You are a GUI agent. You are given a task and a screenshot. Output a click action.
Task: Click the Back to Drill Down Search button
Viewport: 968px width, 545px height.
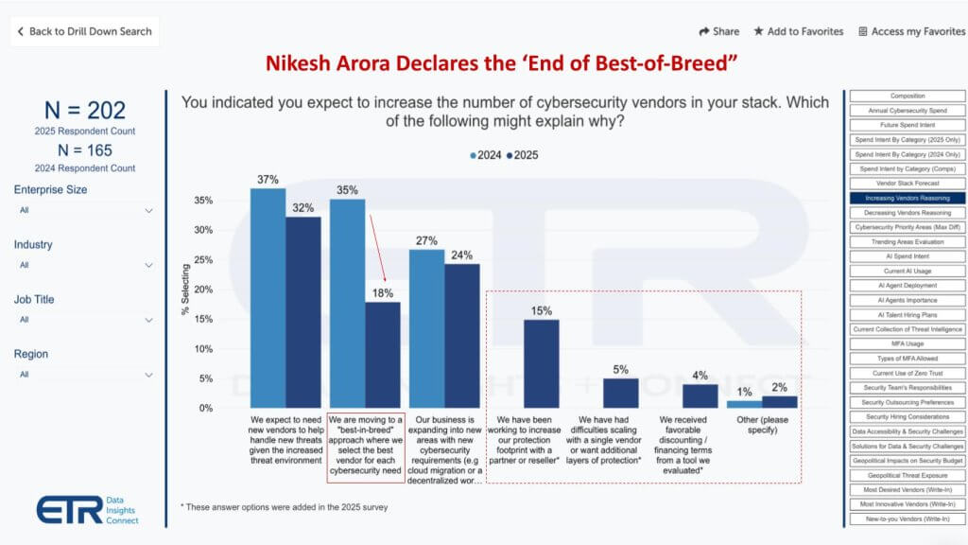pyautogui.click(x=83, y=31)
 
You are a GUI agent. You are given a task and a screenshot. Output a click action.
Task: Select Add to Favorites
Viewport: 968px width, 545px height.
pyautogui.click(x=798, y=31)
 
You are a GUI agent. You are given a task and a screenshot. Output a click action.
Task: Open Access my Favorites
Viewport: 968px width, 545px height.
pyautogui.click(x=911, y=31)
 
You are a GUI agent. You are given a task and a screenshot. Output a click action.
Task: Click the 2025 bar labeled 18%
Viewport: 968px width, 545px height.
pyautogui.click(x=383, y=355)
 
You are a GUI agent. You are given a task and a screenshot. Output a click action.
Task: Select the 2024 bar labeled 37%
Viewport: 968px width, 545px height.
pyautogui.click(x=268, y=298)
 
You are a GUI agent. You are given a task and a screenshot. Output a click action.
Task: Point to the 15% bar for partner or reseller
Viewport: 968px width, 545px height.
pyautogui.click(x=542, y=363)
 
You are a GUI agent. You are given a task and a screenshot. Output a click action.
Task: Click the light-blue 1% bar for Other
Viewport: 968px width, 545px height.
pyautogui.click(x=744, y=404)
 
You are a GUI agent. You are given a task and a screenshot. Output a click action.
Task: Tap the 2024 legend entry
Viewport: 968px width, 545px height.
pyautogui.click(x=488, y=155)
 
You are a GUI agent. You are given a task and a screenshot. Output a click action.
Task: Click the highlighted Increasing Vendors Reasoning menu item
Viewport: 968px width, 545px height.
pyautogui.click(x=907, y=198)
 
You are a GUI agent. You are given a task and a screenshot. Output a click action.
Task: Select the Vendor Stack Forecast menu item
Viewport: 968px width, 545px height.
pyautogui.click(x=907, y=184)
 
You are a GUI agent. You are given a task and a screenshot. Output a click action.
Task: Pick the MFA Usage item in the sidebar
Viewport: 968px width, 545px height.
pyautogui.click(x=907, y=343)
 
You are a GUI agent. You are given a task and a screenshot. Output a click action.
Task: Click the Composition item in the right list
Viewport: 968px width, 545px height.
pyautogui.click(x=907, y=96)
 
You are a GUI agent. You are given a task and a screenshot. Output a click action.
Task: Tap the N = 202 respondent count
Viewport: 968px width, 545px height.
pyautogui.click(x=84, y=111)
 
